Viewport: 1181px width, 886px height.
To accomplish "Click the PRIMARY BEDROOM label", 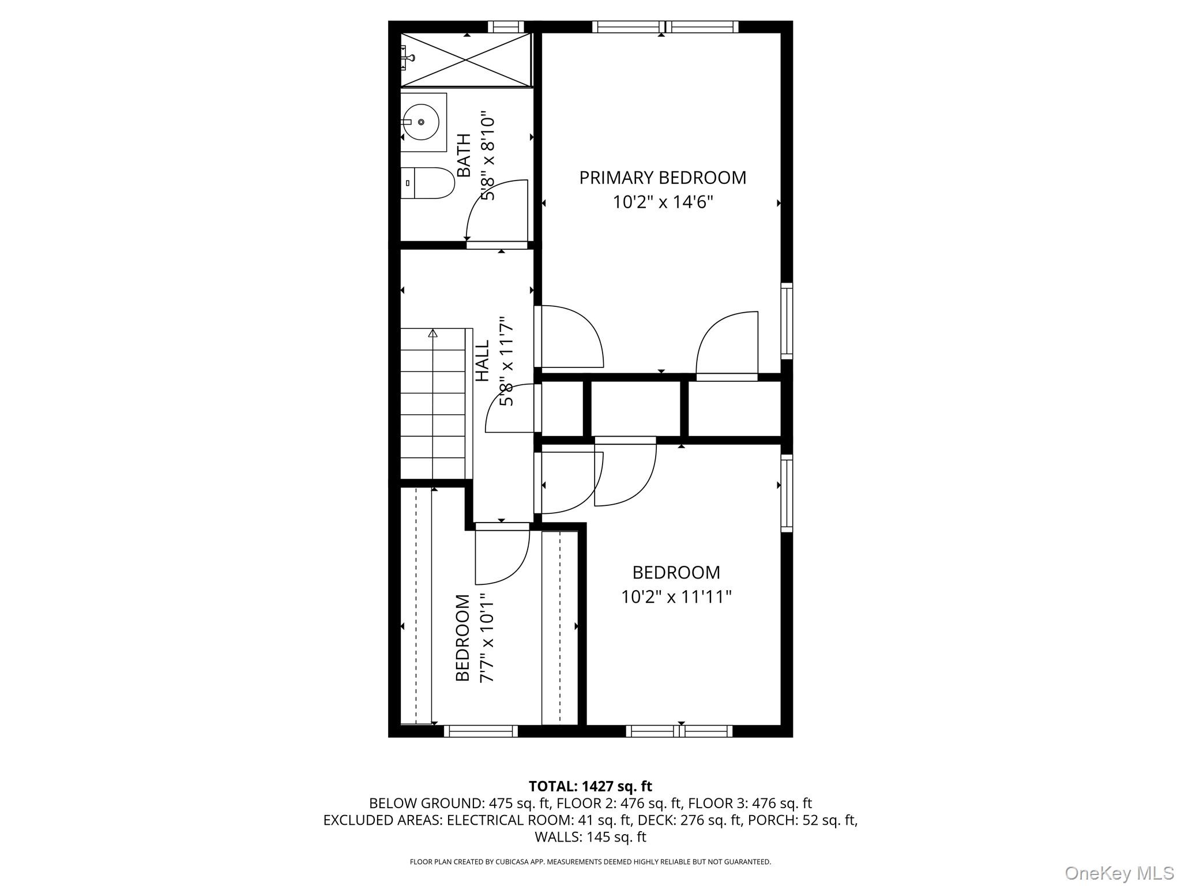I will coord(663,178).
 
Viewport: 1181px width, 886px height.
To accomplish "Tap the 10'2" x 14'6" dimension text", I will coord(663,202).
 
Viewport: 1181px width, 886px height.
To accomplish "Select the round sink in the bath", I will coord(421,122).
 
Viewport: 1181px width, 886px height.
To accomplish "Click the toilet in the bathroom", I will coord(427,183).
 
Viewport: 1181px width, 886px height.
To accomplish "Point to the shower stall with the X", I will coord(466,60).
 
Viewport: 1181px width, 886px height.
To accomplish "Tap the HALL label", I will coord(482,361).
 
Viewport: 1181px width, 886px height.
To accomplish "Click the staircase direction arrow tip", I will coord(433,333).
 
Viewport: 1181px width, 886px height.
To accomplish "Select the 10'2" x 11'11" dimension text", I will coord(676,597).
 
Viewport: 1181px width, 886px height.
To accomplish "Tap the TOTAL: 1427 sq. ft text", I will coord(590,786).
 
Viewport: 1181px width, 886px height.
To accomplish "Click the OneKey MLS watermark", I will coord(1119,873).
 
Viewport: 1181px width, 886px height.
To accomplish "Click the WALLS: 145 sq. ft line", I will coord(590,837).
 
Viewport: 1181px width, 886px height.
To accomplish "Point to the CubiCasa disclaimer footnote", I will coord(590,862).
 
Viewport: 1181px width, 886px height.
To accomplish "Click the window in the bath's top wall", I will coord(506,27).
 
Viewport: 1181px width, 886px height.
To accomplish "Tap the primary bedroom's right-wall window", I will coord(787,321).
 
